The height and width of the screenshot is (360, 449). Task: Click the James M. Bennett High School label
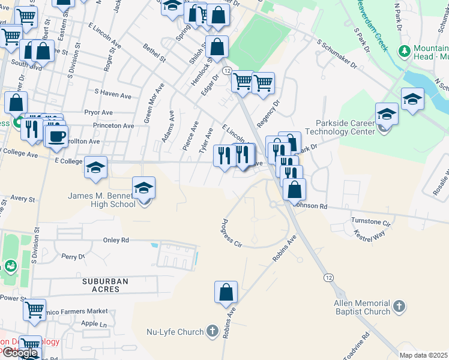[102, 200]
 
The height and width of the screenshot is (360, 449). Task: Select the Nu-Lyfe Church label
[175, 331]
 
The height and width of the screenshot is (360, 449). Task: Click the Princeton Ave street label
[113, 126]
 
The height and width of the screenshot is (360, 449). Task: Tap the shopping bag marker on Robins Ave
[226, 292]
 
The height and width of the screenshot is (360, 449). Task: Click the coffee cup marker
[56, 136]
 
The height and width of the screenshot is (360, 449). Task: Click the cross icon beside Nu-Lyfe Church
[211, 331]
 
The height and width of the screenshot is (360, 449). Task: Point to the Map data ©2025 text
[424, 355]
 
